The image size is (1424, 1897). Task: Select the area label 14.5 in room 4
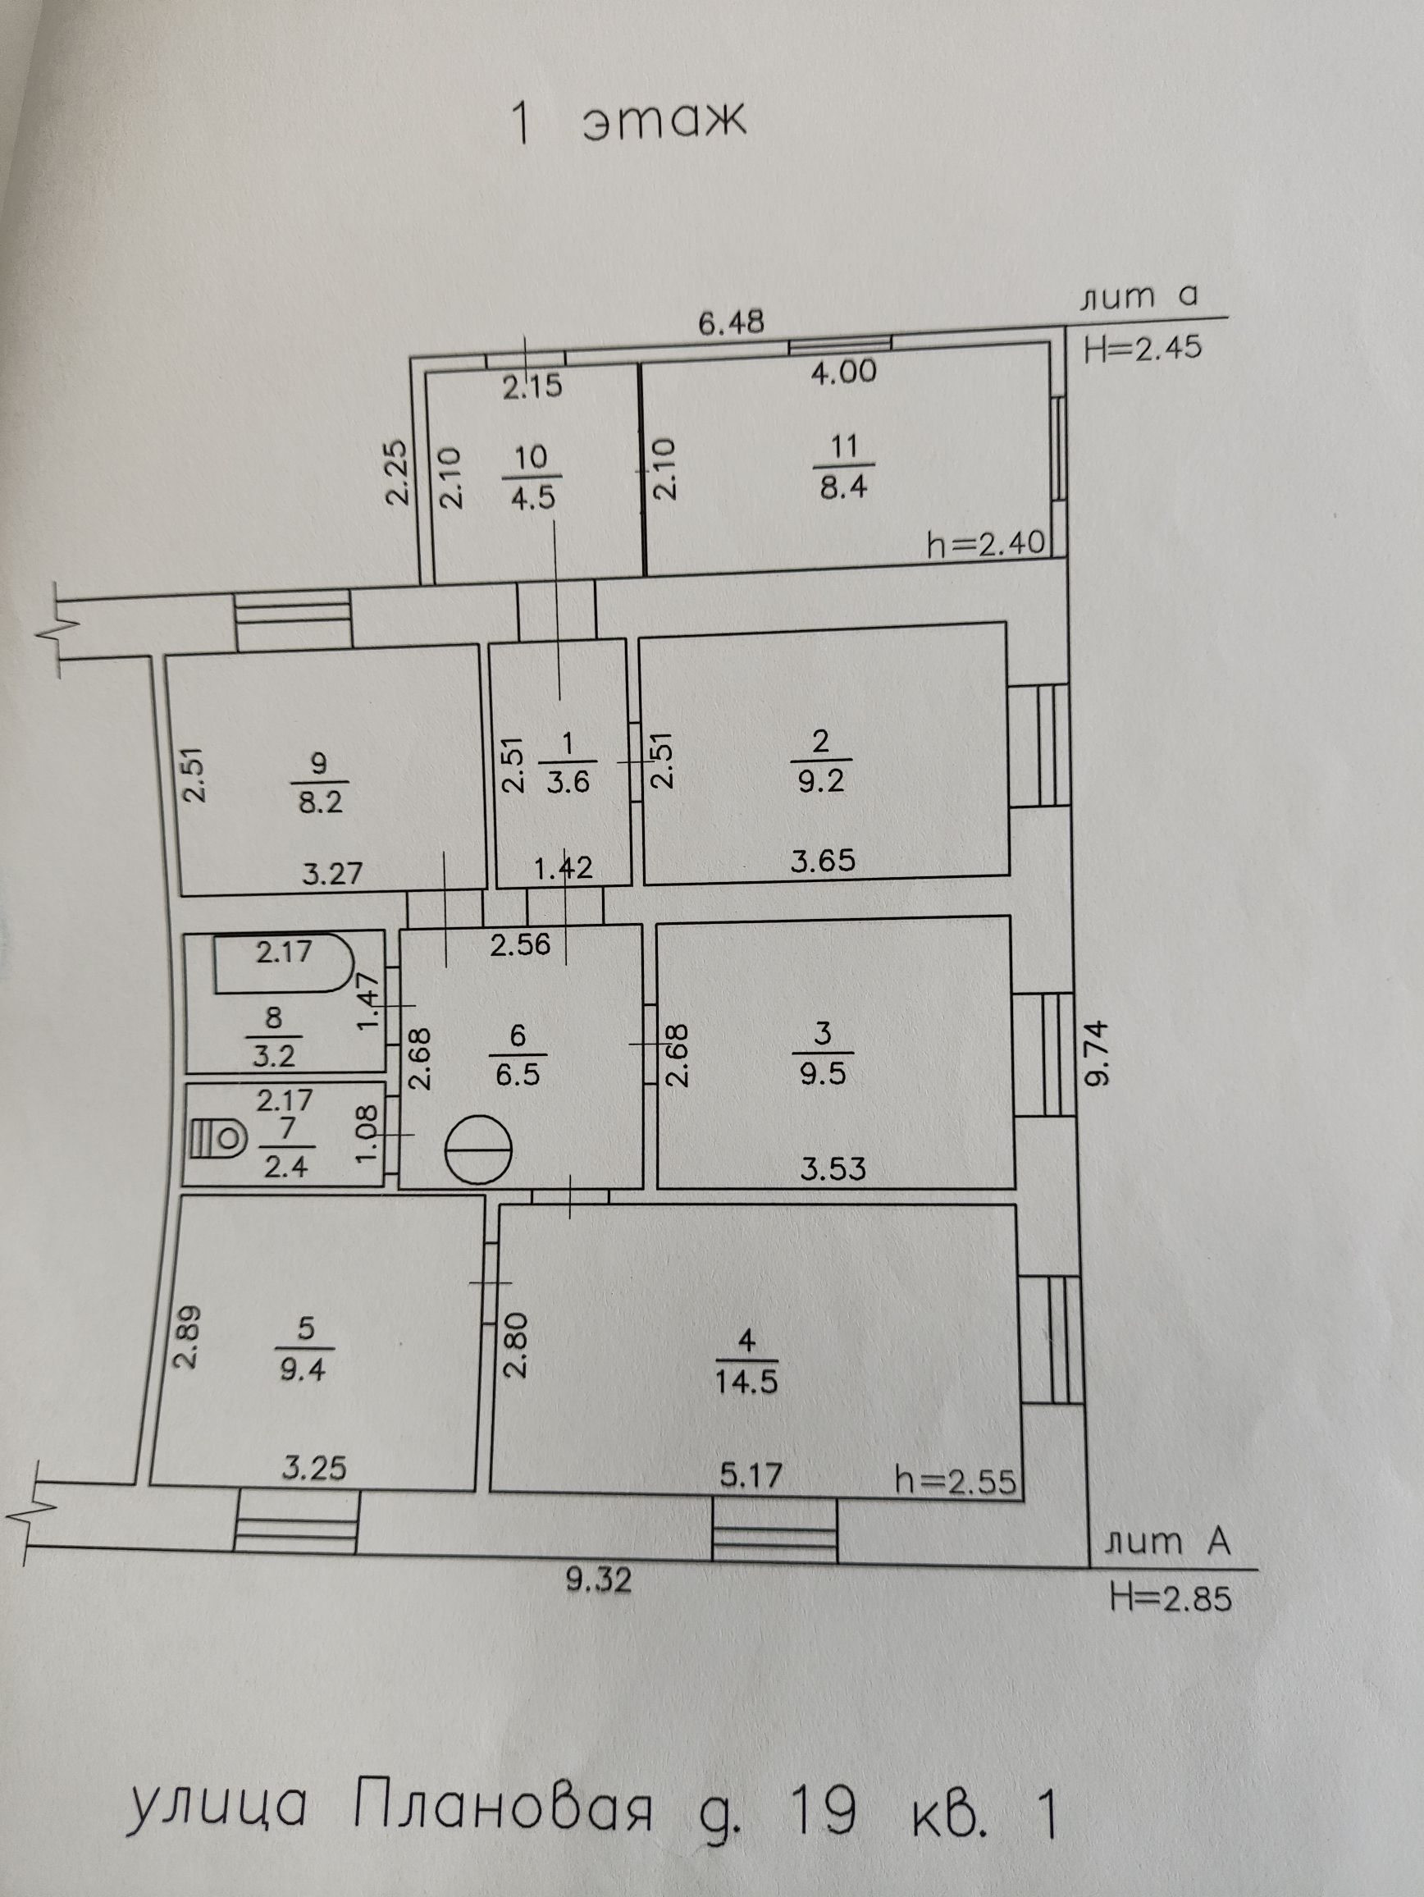tap(747, 1383)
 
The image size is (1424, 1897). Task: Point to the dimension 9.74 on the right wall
tap(1098, 1052)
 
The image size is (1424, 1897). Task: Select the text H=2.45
tap(1143, 348)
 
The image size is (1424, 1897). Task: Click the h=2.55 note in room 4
tap(955, 1481)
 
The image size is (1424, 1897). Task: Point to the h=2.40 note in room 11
tap(987, 543)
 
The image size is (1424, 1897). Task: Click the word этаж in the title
tap(664, 121)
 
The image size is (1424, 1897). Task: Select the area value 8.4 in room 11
tap(844, 488)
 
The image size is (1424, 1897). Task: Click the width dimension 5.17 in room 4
tap(751, 1475)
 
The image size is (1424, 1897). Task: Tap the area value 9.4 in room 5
tap(304, 1369)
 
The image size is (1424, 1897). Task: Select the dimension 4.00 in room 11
tap(844, 373)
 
